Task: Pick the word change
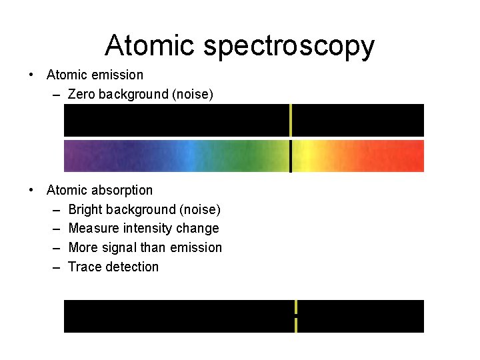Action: (197, 228)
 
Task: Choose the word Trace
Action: (84, 267)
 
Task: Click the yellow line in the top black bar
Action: (291, 120)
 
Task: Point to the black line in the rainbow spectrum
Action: (291, 156)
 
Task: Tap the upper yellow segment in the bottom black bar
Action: (295, 307)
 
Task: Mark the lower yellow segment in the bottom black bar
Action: (295, 325)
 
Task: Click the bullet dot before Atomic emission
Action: (31, 75)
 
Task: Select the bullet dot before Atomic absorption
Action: (31, 190)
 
